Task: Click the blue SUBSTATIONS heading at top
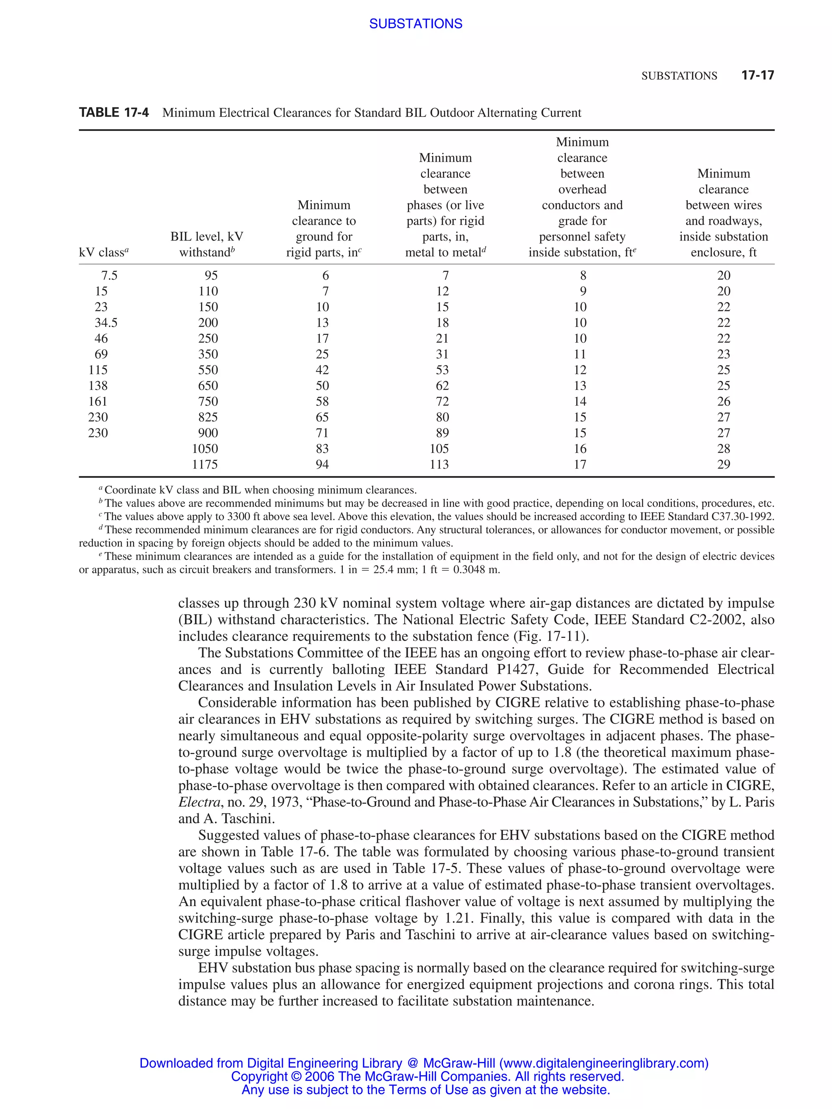[415, 24]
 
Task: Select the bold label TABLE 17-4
[114, 112]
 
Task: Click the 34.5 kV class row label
[106, 322]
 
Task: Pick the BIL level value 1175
[205, 464]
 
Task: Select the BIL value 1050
[205, 449]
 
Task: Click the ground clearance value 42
[322, 370]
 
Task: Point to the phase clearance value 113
[439, 464]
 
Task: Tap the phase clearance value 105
[439, 449]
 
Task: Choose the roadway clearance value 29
[723, 464]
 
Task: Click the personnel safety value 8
[583, 275]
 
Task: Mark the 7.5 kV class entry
[109, 275]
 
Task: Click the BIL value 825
[208, 417]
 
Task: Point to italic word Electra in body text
[199, 802]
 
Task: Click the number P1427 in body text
[518, 669]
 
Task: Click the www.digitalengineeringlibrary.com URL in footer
[604, 1063]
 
